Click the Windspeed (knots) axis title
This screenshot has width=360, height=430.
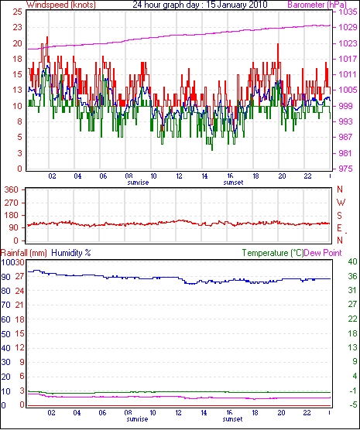pos(60,5)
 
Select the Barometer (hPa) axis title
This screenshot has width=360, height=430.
pos(317,5)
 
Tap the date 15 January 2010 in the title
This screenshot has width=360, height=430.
pos(237,5)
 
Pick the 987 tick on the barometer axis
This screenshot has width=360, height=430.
pos(345,137)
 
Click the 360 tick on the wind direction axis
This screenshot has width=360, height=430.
pos(12,189)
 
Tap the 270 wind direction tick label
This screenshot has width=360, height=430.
pos(12,203)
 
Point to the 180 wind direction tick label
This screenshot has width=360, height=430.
pos(12,215)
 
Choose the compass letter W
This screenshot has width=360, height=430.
pos(341,203)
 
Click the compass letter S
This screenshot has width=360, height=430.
pos(340,216)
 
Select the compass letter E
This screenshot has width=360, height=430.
pos(340,228)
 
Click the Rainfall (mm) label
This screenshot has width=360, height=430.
pos(24,253)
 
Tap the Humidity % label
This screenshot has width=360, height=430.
pos(71,253)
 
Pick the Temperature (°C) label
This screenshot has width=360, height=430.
pos(273,253)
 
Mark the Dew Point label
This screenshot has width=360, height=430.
pos(323,253)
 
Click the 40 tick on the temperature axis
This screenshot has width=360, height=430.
pos(352,261)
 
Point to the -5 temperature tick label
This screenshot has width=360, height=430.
pos(352,404)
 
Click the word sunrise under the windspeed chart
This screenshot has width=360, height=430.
pos(138,183)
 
